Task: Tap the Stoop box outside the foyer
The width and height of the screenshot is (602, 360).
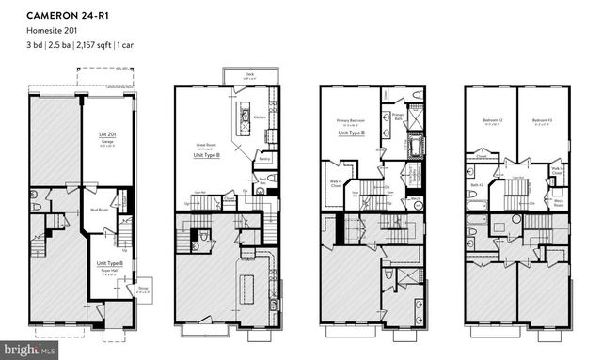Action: [143, 290]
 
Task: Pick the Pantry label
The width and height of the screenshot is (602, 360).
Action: [264, 160]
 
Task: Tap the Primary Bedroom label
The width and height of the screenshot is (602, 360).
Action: [350, 122]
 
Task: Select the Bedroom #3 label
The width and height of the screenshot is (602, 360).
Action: [540, 121]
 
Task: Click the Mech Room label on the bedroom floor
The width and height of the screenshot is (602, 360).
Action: [558, 201]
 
